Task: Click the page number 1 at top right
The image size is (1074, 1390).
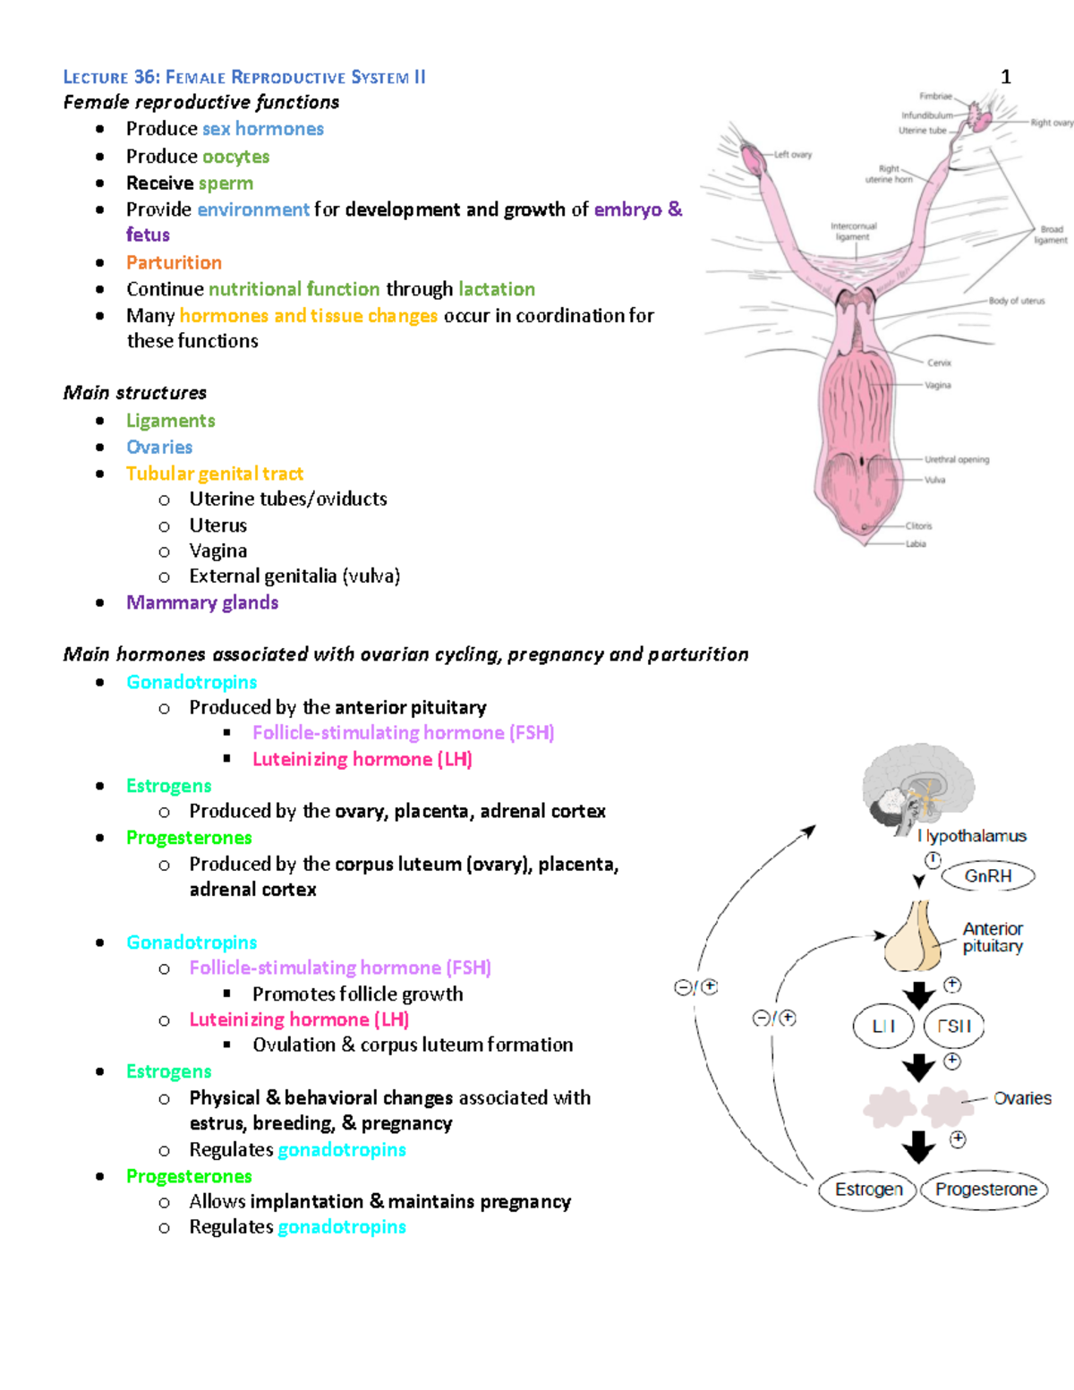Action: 1005,77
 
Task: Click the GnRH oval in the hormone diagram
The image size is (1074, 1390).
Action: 987,876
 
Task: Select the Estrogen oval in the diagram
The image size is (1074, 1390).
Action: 868,1190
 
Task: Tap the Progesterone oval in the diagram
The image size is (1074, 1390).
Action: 985,1190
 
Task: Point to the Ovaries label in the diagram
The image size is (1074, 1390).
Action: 1022,1098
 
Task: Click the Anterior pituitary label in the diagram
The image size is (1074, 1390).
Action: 993,937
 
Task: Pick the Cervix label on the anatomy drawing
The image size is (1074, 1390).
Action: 939,362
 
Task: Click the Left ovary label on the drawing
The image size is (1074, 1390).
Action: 792,155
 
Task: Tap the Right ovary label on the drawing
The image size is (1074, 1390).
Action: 1051,123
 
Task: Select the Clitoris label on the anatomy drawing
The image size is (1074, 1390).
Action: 918,526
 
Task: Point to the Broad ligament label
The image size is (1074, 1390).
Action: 1051,235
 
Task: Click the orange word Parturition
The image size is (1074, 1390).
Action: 174,262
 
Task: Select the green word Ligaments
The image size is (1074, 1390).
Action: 170,421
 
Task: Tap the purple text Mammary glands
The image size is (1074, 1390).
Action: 202,602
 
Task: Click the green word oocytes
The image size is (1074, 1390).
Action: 235,157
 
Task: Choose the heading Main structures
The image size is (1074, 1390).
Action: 134,393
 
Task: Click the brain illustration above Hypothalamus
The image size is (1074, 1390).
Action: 918,785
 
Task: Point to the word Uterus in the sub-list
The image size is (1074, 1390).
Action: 217,525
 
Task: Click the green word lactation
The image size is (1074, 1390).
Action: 497,289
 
